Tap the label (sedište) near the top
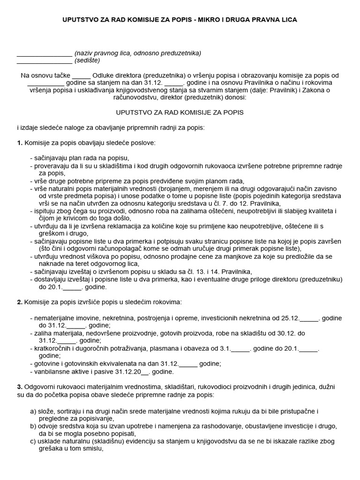pos(87,60)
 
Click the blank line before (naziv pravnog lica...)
pos(44,53)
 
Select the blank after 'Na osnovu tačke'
pos(82,75)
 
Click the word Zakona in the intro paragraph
pos(324,90)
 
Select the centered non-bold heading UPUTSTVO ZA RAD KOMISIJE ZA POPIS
pos(180,113)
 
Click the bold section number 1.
pos(20,142)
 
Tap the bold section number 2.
pos(20,301)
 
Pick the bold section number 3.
pos(20,387)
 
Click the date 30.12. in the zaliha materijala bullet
pos(286,333)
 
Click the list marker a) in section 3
pos(33,411)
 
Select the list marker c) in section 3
pos(33,441)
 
